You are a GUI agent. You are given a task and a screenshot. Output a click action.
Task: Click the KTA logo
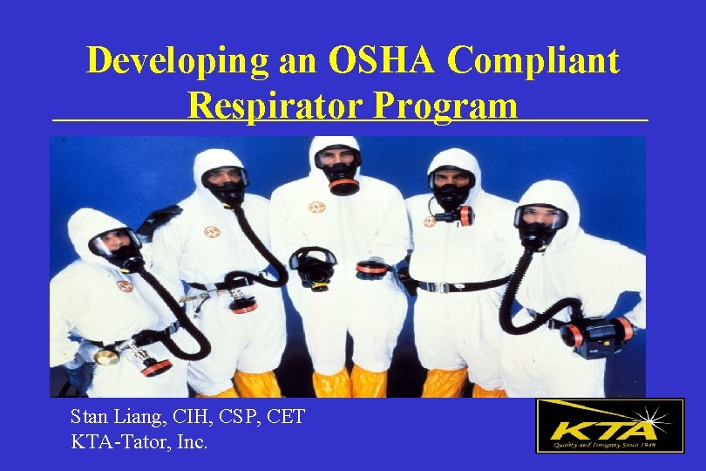pyautogui.click(x=609, y=426)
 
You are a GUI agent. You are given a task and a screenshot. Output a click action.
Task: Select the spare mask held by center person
pyautogui.click(x=313, y=266)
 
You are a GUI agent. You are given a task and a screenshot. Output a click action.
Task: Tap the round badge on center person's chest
pyautogui.click(x=316, y=208)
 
